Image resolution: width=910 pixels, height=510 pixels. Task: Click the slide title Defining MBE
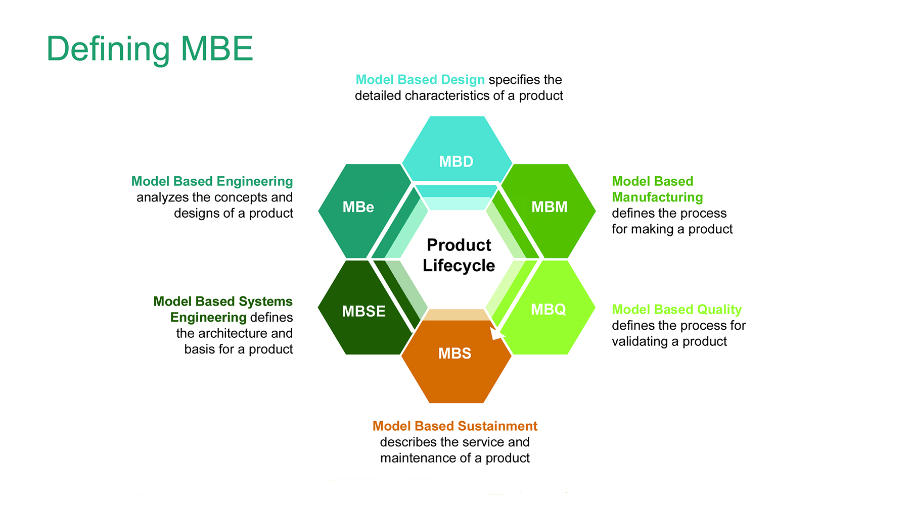coord(150,49)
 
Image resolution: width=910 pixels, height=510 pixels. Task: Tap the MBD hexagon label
coord(456,162)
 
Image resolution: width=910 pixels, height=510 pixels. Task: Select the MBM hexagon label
coord(549,207)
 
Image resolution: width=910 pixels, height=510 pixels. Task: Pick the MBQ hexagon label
coord(548,310)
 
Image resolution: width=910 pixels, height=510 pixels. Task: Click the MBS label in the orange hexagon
coord(454,353)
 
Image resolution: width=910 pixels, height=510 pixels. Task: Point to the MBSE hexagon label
coord(363,311)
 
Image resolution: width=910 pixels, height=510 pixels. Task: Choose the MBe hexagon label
coord(358,207)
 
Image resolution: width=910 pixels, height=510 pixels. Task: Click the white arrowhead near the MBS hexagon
coord(496,333)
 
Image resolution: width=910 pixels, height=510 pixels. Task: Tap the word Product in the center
coord(459,245)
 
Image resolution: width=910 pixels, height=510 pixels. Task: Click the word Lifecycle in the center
coord(459,266)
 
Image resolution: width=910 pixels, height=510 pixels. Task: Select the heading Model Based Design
coord(420,80)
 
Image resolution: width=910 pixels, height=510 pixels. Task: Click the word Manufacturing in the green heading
coord(657,197)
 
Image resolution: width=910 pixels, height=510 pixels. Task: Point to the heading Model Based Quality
coord(676,310)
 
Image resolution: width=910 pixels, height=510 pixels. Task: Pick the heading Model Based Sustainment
coord(454,426)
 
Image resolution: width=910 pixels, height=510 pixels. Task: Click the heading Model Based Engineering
coord(212,181)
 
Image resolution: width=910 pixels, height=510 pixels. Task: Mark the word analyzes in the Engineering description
coord(156,197)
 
